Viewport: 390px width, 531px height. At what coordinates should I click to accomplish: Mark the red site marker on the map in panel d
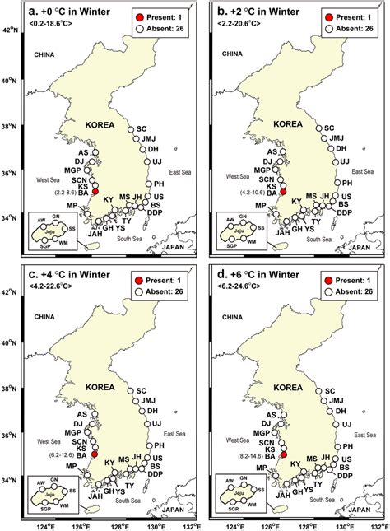pyautogui.click(x=284, y=454)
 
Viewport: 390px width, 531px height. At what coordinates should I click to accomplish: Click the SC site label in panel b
pyautogui.click(x=330, y=128)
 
